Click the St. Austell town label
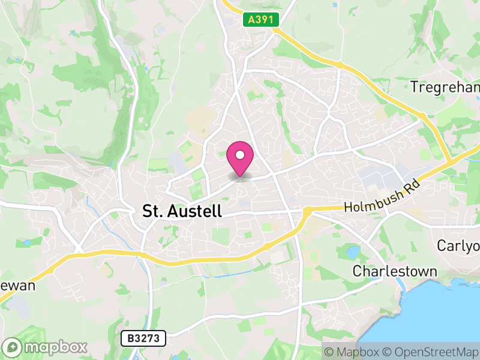[x=182, y=211]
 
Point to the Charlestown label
[x=394, y=271]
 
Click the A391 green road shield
[x=262, y=20]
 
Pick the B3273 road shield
[x=143, y=338]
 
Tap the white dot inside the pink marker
[x=240, y=155]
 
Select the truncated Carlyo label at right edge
[x=458, y=246]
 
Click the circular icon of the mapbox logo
[x=13, y=347]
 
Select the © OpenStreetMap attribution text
[x=430, y=351]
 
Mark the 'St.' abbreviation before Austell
[x=151, y=211]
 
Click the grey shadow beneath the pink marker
[x=240, y=175]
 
